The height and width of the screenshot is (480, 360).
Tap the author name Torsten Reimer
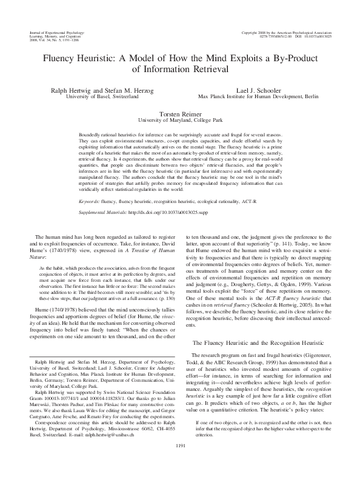coord(180,113)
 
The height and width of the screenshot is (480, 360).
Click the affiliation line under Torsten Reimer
coord(180,120)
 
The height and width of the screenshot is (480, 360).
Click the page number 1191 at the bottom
coord(180,463)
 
